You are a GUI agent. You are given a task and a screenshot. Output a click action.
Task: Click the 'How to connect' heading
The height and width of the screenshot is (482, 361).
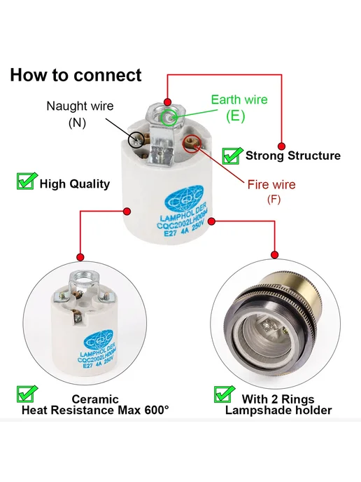pos(76,76)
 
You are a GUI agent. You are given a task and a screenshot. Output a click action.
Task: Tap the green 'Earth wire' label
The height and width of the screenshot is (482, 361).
pos(239,99)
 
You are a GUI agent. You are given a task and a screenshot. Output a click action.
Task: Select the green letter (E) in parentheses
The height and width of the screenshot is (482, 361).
pos(236,116)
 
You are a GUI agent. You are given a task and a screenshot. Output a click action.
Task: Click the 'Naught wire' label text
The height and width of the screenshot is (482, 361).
pos(80,106)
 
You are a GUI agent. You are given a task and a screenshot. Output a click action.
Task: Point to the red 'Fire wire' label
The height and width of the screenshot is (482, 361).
pos(271,184)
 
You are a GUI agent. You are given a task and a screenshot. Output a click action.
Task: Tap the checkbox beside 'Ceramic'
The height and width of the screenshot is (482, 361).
pos(27,394)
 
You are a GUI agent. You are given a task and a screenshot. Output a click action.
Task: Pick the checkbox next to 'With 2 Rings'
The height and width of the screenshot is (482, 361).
pos(224,394)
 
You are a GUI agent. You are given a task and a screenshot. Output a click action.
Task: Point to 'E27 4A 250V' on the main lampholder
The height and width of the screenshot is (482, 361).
pos(185,230)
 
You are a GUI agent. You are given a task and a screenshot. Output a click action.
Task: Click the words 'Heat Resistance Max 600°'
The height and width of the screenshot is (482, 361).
pos(95,410)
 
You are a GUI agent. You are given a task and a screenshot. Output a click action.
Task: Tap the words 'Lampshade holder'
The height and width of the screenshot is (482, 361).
pos(278,411)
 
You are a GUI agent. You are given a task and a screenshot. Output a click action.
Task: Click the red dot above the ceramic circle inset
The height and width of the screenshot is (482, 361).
pos(80,257)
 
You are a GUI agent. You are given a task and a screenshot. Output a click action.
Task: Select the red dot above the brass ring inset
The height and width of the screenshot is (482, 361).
pos(275,254)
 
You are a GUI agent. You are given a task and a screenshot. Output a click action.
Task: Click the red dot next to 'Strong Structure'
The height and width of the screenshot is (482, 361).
pos(281,146)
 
